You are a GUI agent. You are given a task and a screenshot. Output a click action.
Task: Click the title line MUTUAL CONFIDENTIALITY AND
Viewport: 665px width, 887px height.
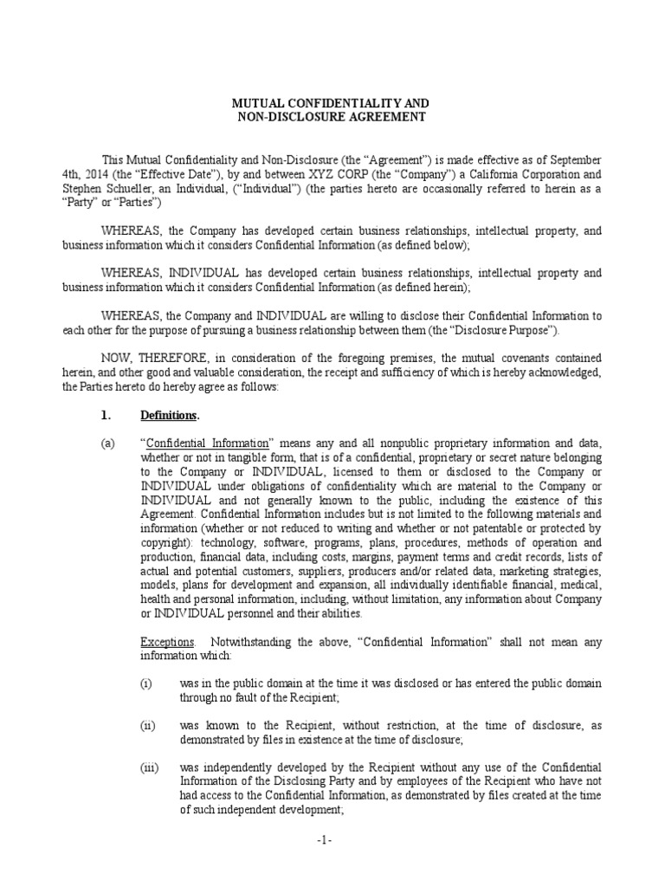pyautogui.click(x=332, y=103)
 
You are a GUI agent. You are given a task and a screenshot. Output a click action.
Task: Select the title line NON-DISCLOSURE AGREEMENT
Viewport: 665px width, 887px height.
pyautogui.click(x=332, y=117)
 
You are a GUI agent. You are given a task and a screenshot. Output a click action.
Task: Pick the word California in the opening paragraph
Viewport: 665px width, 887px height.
pyautogui.click(x=449, y=175)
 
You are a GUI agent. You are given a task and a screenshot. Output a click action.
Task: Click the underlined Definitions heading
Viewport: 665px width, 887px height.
pyautogui.click(x=170, y=415)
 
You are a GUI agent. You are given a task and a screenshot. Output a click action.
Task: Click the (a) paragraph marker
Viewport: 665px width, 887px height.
pyautogui.click(x=107, y=443)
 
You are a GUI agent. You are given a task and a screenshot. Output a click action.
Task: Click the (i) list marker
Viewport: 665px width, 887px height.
pyautogui.click(x=146, y=684)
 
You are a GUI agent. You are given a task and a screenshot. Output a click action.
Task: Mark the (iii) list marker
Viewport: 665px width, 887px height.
pyautogui.click(x=149, y=767)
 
